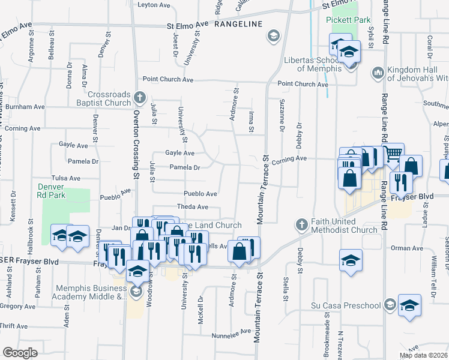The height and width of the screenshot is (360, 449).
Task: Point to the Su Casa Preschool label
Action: [346, 305]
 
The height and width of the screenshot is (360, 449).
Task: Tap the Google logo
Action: [20, 352]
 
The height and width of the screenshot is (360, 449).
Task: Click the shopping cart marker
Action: [393, 154]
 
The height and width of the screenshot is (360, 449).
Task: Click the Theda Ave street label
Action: [192, 207]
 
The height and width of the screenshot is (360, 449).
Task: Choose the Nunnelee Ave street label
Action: [237, 332]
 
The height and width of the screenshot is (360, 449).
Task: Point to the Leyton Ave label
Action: [154, 4]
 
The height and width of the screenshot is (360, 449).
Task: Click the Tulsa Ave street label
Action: [66, 178]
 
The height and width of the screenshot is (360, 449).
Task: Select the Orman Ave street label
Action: [408, 248]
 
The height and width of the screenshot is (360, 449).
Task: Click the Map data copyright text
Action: [424, 355]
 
